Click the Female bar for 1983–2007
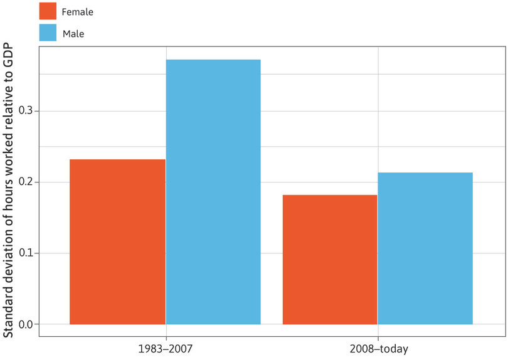(117, 241)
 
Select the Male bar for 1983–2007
(213, 192)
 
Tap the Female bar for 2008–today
(330, 260)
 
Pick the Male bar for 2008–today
(425, 248)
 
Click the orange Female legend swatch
(48, 11)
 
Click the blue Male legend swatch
(48, 33)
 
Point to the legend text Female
(77, 11)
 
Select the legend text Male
(73, 34)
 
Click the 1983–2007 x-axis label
(166, 347)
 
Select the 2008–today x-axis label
(378, 347)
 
